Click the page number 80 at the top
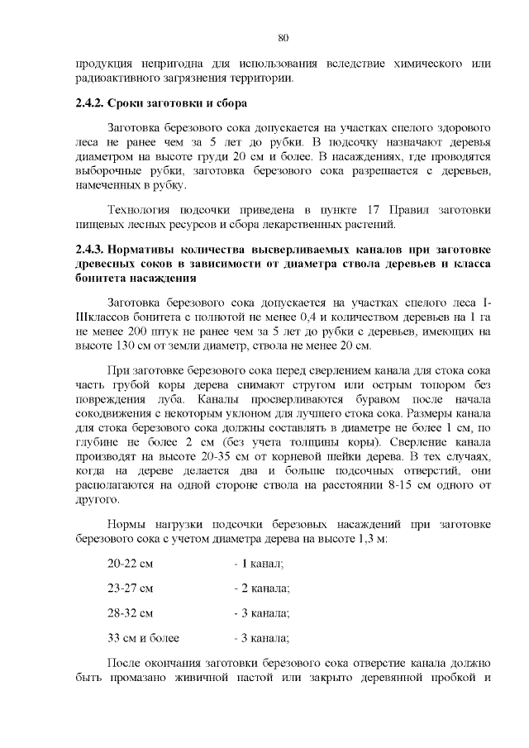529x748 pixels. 282,37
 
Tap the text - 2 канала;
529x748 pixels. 261,588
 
